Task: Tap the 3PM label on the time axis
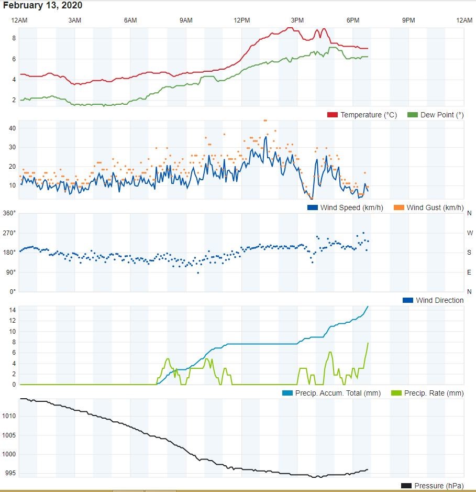tap(297, 20)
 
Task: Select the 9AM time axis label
tap(186, 20)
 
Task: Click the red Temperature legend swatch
tap(332, 115)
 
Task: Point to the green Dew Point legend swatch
tap(412, 115)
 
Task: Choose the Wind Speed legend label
tap(351, 207)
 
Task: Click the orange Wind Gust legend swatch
tap(399, 207)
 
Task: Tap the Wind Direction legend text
tap(439, 300)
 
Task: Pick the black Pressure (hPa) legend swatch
tap(406, 486)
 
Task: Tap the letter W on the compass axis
tap(469, 233)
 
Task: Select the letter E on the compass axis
tap(469, 272)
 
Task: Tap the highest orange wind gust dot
tap(265, 121)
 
